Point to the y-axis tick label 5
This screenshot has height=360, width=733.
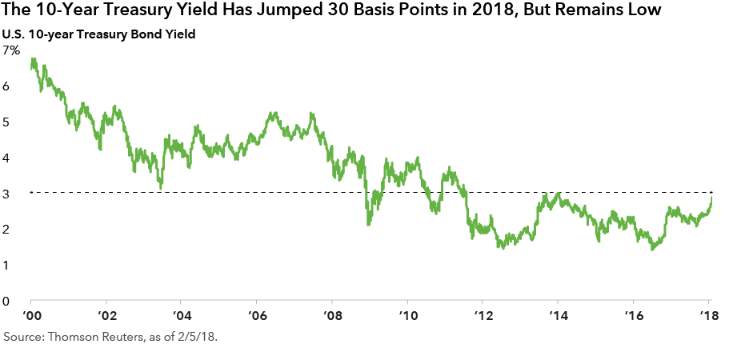[7, 122]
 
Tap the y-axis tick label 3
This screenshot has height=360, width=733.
[7, 194]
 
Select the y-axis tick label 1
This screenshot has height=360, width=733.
[7, 266]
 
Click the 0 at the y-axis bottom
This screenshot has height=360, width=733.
[7, 302]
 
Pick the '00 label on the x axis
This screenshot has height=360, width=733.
[32, 314]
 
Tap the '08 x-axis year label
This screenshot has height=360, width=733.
[331, 314]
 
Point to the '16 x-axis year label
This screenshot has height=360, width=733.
[632, 314]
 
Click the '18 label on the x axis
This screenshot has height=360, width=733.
[708, 314]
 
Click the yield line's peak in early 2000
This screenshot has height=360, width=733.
[33, 59]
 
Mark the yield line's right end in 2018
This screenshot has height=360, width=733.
[712, 196]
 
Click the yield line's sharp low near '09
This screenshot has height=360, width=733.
[367, 224]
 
